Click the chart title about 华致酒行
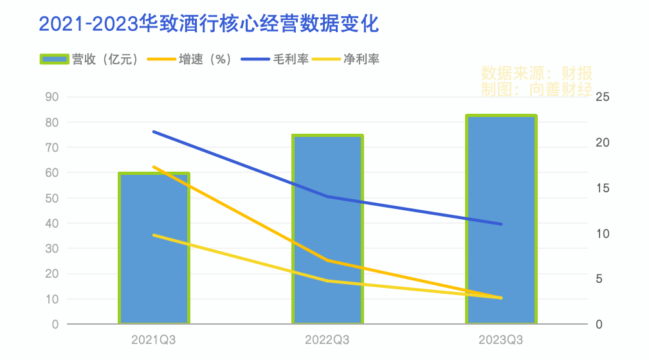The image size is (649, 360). point(209,24)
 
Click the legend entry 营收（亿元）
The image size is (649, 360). point(90,59)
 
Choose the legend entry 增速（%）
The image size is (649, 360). point(190,59)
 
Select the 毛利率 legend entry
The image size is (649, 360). point(276,59)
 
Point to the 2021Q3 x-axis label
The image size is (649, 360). point(154,339)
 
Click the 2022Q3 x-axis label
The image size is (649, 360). point(327,339)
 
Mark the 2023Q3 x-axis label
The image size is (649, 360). point(501,339)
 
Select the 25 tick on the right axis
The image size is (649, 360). point(603,97)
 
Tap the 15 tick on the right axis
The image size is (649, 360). point(603,188)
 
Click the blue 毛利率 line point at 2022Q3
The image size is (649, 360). point(327,196)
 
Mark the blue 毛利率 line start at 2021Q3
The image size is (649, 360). point(154,131)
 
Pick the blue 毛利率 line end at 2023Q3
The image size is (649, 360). point(501,224)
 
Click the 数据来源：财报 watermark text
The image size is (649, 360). point(536,72)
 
